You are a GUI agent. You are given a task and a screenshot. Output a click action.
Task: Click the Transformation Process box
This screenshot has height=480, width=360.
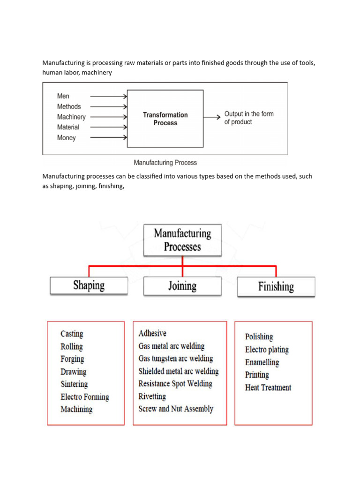tap(165, 119)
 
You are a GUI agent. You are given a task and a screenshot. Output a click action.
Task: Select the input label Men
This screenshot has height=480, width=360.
tap(63, 96)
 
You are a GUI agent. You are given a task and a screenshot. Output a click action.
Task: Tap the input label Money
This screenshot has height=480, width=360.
tap(66, 138)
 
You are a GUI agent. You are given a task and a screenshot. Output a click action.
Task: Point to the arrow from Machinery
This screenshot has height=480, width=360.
tap(108, 117)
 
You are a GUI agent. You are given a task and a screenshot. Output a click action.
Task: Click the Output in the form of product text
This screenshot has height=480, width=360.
tap(248, 118)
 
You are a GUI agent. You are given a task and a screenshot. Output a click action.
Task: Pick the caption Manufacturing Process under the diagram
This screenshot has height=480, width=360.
tap(165, 163)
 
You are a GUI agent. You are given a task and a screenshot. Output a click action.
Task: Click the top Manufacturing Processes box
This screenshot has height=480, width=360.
tap(182, 240)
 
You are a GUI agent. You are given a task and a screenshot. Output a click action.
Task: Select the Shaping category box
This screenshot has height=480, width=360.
tap(89, 285)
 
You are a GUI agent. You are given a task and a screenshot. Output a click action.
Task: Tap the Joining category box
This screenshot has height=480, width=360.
tap(182, 286)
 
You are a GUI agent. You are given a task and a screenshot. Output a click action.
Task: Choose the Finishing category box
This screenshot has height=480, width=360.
tap(276, 286)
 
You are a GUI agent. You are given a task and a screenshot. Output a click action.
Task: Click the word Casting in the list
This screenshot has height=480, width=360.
tap(72, 334)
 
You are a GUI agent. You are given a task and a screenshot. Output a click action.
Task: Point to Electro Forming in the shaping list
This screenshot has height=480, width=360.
tap(84, 397)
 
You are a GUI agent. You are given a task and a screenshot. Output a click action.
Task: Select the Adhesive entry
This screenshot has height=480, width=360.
tap(152, 333)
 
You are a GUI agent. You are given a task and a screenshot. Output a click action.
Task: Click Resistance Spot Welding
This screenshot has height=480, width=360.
tap(175, 383)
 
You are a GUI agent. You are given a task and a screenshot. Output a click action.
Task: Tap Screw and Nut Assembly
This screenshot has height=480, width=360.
tap(176, 409)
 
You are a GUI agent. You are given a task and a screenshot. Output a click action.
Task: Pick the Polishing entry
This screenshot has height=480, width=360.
tap(259, 337)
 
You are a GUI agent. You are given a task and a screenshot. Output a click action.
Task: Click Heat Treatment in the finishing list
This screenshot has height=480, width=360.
tap(268, 388)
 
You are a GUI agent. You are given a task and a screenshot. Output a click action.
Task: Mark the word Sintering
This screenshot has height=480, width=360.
tap(74, 384)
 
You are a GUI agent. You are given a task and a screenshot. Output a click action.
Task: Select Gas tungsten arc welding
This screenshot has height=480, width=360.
tap(176, 359)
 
